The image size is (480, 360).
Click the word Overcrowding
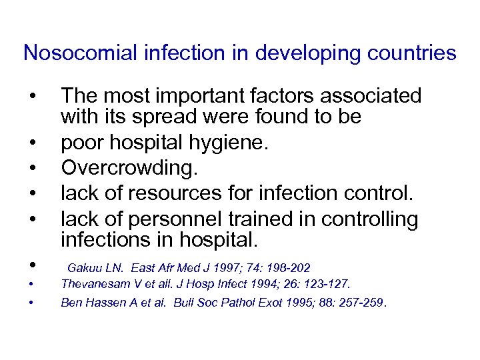pyautogui.click(x=129, y=169)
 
